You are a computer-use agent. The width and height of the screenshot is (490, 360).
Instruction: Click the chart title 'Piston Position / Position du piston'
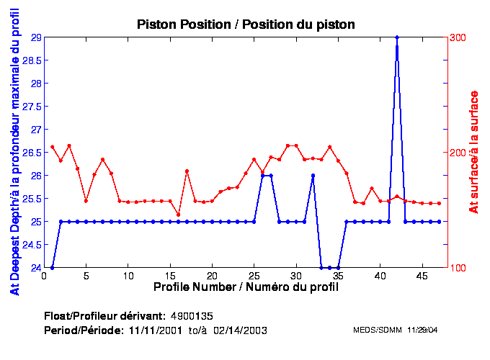(246, 24)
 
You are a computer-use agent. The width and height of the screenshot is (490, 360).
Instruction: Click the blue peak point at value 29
(397, 37)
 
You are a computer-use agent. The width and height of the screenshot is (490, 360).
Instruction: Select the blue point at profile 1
(53, 268)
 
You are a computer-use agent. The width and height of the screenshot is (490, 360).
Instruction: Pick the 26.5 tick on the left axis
(32, 153)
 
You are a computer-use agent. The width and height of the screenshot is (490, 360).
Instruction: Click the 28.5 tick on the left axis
(32, 60)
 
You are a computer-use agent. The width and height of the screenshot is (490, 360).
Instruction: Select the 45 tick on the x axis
(422, 275)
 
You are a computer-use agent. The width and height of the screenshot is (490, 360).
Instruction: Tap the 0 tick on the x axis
(45, 275)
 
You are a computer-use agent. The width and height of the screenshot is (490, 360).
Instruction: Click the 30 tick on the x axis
(296, 275)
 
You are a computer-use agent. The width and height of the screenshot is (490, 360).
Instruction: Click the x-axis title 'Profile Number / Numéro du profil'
(246, 287)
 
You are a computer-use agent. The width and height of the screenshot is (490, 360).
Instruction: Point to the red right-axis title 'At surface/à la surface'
(473, 152)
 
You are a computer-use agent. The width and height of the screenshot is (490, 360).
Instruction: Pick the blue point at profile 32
(313, 176)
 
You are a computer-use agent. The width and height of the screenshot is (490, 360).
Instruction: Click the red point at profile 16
(179, 215)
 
